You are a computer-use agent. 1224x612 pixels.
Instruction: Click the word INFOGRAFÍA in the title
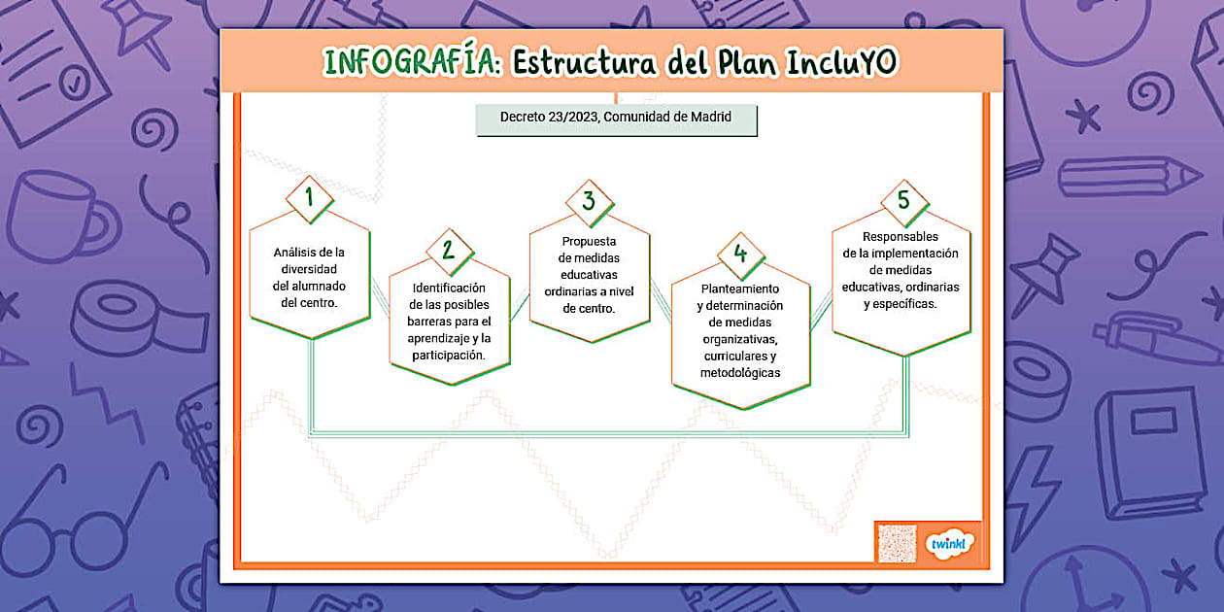[x=412, y=61]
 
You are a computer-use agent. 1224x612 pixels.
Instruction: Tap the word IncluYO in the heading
[x=841, y=62]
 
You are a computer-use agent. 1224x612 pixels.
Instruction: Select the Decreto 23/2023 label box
[x=616, y=119]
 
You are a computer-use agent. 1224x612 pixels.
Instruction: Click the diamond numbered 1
[x=310, y=199]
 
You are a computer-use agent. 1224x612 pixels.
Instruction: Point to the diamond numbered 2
[x=450, y=252]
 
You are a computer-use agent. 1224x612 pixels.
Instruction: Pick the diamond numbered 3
[x=590, y=203]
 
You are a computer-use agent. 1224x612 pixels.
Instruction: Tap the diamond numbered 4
[x=740, y=255]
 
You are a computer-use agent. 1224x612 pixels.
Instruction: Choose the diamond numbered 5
[x=904, y=203]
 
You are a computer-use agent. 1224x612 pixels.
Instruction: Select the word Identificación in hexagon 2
[x=449, y=288]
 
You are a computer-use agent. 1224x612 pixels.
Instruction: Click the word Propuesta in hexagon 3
[x=589, y=241]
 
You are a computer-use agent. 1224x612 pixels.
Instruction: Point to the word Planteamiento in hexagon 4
[x=740, y=289]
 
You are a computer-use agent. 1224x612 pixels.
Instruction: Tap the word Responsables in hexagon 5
[x=900, y=237]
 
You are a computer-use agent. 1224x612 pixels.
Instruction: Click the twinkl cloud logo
[x=948, y=544]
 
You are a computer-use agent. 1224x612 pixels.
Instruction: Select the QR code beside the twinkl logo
[x=897, y=543]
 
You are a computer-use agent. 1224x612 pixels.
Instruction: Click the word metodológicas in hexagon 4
[x=740, y=373]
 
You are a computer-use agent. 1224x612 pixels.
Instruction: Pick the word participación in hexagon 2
[x=449, y=356]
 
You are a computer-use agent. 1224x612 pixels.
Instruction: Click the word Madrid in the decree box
[x=710, y=117]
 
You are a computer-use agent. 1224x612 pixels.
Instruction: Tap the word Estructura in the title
[x=584, y=62]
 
